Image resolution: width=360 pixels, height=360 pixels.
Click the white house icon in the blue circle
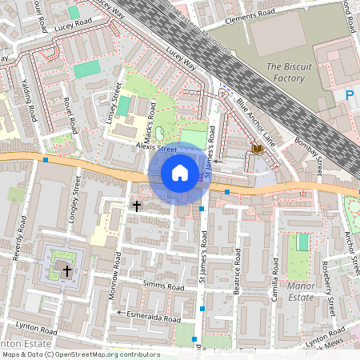[180, 173]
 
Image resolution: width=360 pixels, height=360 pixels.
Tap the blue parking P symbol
[349, 95]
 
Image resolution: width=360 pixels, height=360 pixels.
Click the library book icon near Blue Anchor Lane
[257, 150]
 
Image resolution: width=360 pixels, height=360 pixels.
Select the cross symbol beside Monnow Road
[136, 206]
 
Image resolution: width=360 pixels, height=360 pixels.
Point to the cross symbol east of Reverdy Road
[67, 272]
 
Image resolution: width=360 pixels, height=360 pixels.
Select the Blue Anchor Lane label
[256, 123]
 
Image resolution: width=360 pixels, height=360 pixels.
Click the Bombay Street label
[306, 157]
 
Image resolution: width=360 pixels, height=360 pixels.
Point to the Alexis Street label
[156, 148]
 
